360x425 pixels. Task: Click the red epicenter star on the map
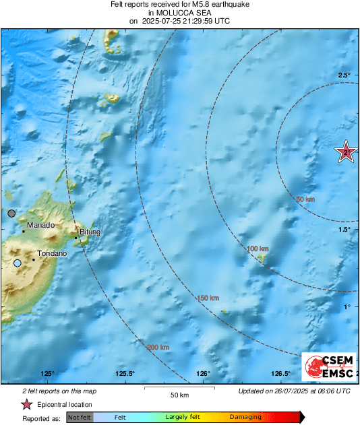tap(346, 153)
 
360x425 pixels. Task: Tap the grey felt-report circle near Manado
tap(11, 213)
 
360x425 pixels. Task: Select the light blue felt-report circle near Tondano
tap(17, 263)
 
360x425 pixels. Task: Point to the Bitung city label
tap(90, 232)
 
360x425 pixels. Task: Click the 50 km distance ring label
tap(305, 199)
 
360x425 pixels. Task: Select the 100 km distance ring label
tap(258, 249)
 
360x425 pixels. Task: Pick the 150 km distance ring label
tap(208, 298)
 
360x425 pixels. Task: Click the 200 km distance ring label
tap(158, 348)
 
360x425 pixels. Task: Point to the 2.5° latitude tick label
tap(344, 75)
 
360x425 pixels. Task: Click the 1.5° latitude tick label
tap(344, 230)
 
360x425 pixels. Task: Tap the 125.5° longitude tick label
tap(125, 374)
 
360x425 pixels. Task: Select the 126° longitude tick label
tap(204, 374)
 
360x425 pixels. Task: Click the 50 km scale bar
tap(179, 389)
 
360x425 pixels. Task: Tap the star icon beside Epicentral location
tap(26, 404)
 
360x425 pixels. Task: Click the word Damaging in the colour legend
tap(245, 417)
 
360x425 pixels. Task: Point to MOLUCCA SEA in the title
tap(179, 12)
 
